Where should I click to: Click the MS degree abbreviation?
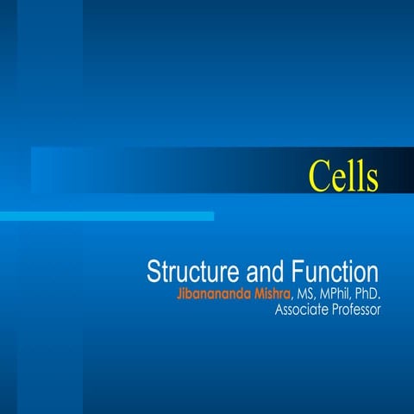305,295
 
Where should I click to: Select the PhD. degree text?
367,295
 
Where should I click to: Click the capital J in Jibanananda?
178,295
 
